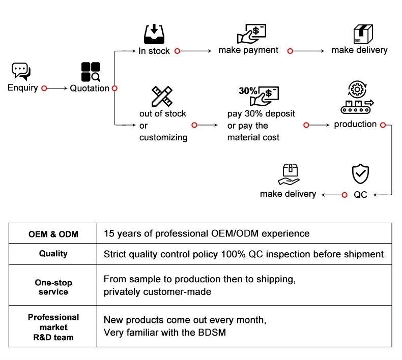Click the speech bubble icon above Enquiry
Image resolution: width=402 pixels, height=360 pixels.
point(21,71)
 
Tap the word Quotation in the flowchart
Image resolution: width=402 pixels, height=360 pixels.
point(90,88)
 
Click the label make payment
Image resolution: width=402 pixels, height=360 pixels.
point(248,50)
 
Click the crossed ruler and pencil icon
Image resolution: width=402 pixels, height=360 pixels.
point(162,97)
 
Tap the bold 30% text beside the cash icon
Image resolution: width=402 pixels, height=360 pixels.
point(248,91)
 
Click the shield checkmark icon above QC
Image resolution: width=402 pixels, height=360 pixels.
point(360,173)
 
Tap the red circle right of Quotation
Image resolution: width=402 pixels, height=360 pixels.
point(114,88)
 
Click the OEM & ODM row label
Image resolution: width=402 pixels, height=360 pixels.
point(53,234)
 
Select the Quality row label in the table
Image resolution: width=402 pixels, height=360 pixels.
point(53,254)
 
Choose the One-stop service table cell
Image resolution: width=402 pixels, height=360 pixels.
point(53,287)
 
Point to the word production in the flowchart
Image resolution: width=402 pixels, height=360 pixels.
point(355,124)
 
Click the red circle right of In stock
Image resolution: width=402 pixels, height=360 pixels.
point(177,51)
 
